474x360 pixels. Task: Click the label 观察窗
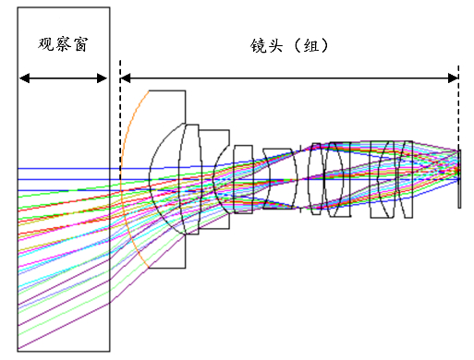pyautogui.click(x=63, y=44)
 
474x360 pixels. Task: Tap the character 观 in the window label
pyautogui.click(x=46, y=44)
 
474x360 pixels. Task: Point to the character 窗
pyautogui.click(x=80, y=44)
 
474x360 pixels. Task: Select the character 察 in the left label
pyautogui.click(x=63, y=44)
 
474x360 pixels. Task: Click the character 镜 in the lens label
pyautogui.click(x=258, y=46)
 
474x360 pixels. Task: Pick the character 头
pyautogui.click(x=275, y=46)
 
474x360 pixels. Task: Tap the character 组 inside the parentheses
pyautogui.click(x=311, y=46)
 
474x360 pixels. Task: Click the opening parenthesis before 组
pyautogui.click(x=298, y=46)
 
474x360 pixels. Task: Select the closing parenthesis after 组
pyautogui.click(x=324, y=46)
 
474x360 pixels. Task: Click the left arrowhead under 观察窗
pyautogui.click(x=24, y=78)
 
